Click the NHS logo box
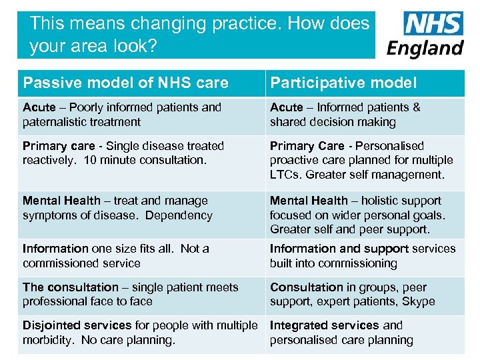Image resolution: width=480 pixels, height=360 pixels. (x=433, y=24)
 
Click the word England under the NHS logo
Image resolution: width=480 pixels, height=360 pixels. (x=425, y=48)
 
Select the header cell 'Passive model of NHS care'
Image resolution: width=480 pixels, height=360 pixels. (x=125, y=83)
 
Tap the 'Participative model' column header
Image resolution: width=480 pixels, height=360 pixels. (x=343, y=83)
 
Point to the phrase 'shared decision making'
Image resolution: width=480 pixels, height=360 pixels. (x=333, y=122)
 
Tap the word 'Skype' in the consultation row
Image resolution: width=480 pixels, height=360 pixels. (x=419, y=301)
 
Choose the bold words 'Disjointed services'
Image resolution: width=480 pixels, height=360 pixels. (x=77, y=325)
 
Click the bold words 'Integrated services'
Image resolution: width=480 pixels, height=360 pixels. (x=324, y=325)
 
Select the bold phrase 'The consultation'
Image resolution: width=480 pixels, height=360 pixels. (x=70, y=287)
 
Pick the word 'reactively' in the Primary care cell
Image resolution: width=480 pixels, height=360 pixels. (x=49, y=160)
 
